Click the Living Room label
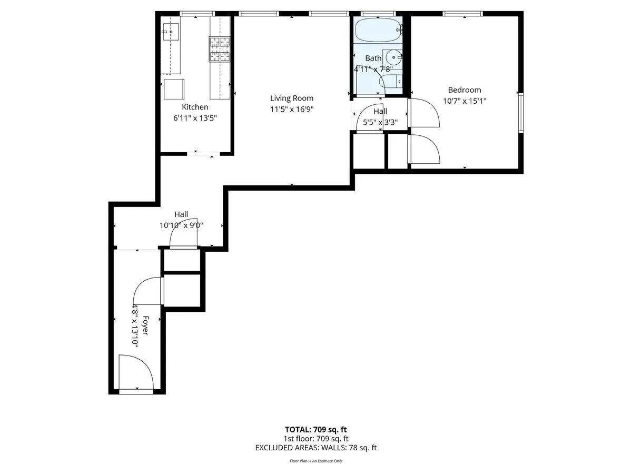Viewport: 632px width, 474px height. pos(291,98)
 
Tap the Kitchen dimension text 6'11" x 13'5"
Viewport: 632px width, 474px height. pos(195,118)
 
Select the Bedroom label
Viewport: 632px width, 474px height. pos(464,90)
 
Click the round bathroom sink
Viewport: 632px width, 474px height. pos(393,57)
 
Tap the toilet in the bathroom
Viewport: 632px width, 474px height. pos(391,82)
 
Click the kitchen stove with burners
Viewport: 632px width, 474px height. pos(220,49)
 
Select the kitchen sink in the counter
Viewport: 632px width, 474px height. pos(171,32)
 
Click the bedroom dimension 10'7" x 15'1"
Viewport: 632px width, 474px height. pos(464,101)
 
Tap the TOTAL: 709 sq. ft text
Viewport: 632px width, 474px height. pos(315,429)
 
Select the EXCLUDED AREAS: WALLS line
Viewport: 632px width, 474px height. pos(315,448)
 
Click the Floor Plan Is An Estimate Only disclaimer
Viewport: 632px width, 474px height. pos(315,461)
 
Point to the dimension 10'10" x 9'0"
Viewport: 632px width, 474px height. pos(181,225)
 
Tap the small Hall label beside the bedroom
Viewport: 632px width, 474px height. pos(380,111)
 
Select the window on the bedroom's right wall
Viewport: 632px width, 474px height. pos(520,112)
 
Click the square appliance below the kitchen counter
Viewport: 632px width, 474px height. pos(174,89)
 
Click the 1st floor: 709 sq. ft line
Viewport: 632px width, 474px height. pos(315,438)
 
